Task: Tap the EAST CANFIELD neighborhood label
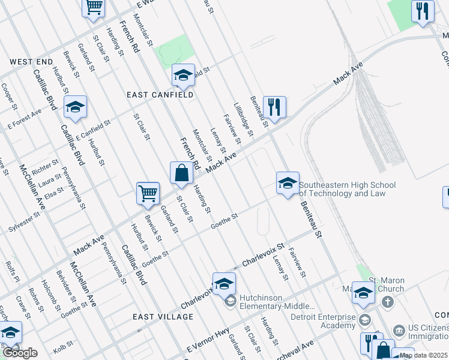pos(160,95)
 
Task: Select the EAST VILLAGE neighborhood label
pos(159,317)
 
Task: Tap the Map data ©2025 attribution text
pos(423,355)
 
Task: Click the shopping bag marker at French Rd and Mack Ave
pos(182,174)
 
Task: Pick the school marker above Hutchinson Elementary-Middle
pos(224,284)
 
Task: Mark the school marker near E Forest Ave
pos(75,107)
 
